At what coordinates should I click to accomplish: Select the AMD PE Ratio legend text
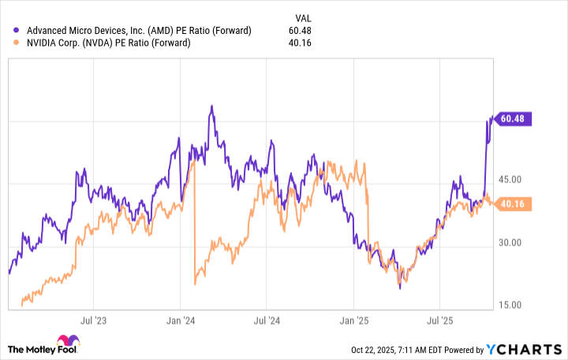[x=138, y=31]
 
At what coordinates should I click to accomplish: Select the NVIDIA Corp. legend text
[x=107, y=43]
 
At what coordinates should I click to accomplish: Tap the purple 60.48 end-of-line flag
[x=514, y=119]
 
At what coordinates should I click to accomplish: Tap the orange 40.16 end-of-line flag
[x=514, y=204]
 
